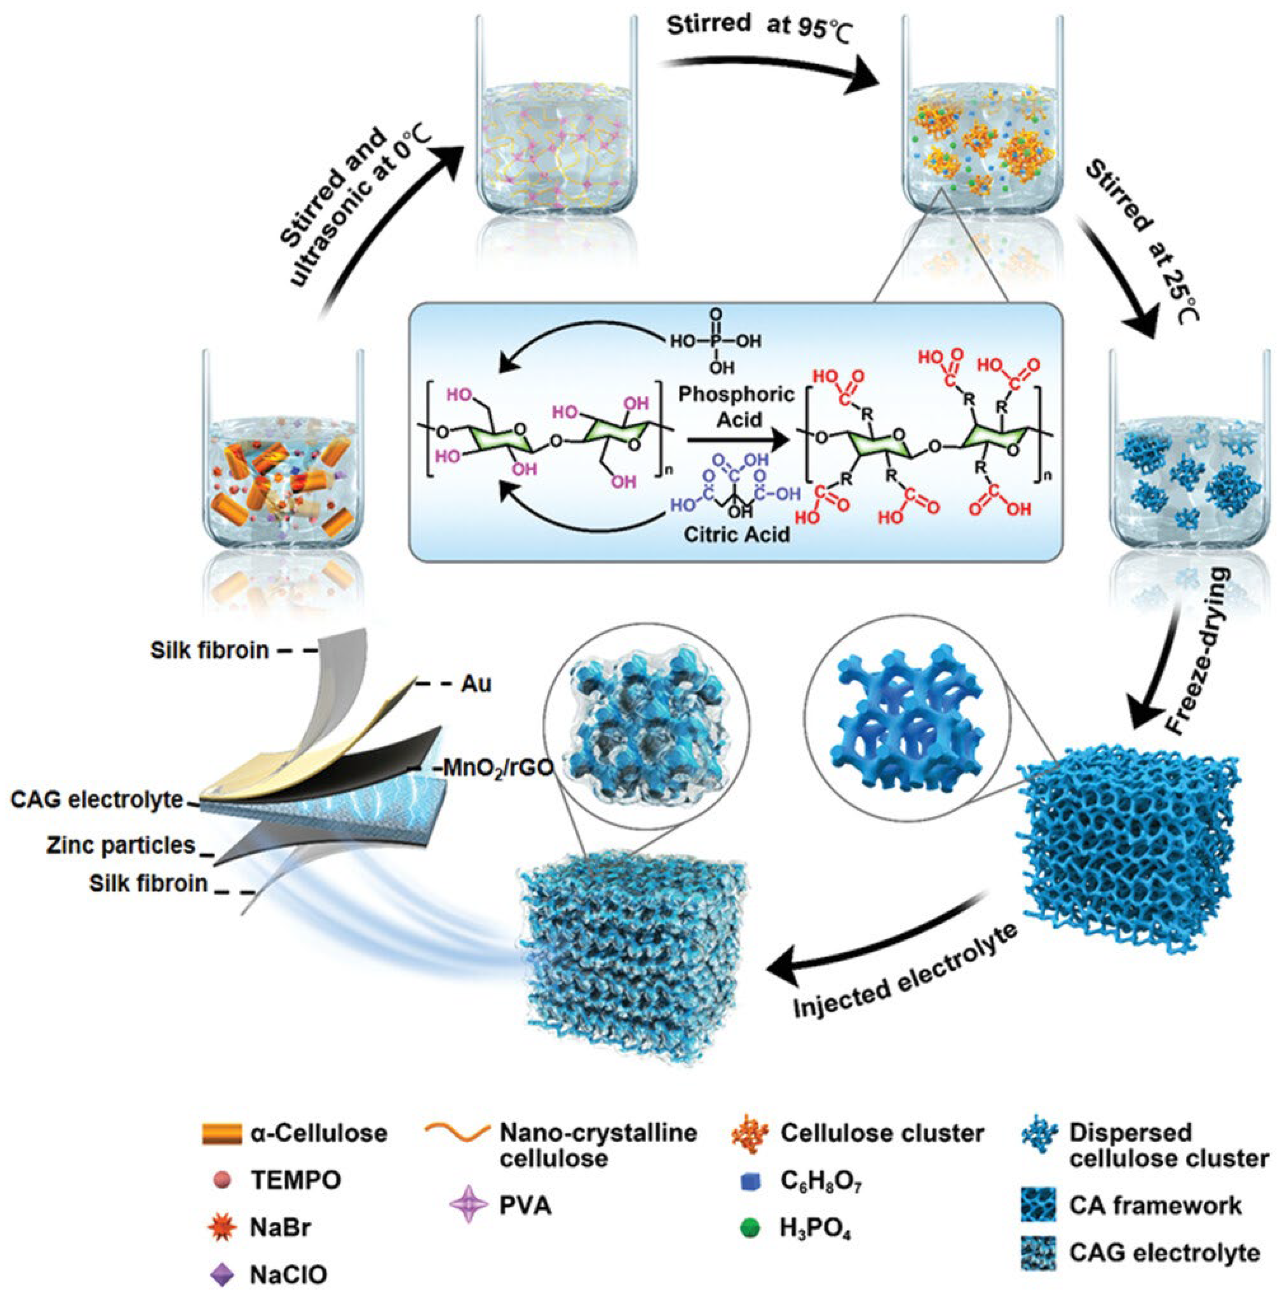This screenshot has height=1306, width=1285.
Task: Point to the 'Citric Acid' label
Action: tap(737, 534)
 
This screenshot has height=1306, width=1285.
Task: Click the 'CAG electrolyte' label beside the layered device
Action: tap(97, 800)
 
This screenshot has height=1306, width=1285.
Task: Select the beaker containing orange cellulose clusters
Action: tap(982, 128)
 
